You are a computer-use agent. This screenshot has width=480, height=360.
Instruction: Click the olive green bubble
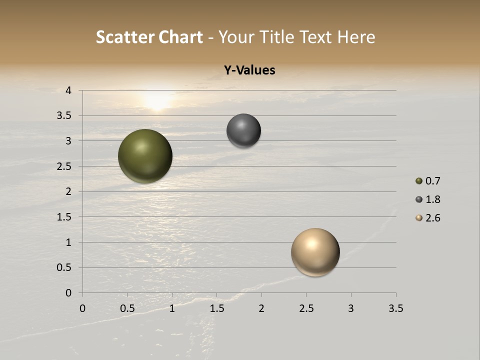tap(145, 156)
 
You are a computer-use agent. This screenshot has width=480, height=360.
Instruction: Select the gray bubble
tap(243, 131)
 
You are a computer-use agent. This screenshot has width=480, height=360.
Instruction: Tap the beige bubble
tap(315, 252)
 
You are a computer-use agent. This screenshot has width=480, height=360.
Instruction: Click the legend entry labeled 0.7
tap(428, 181)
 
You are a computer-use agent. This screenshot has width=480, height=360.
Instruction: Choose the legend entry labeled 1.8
tap(428, 199)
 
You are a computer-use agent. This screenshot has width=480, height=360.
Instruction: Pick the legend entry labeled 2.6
tap(428, 218)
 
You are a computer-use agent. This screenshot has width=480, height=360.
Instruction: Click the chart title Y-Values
tap(249, 70)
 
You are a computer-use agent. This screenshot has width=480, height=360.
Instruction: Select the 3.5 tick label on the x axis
tap(395, 308)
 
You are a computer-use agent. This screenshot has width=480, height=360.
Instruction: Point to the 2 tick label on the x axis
tap(261, 308)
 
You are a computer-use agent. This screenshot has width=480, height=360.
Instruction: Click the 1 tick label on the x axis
tap(172, 308)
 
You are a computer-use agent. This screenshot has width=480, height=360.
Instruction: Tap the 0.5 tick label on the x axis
tap(127, 308)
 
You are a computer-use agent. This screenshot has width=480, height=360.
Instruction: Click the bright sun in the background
tap(157, 99)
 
